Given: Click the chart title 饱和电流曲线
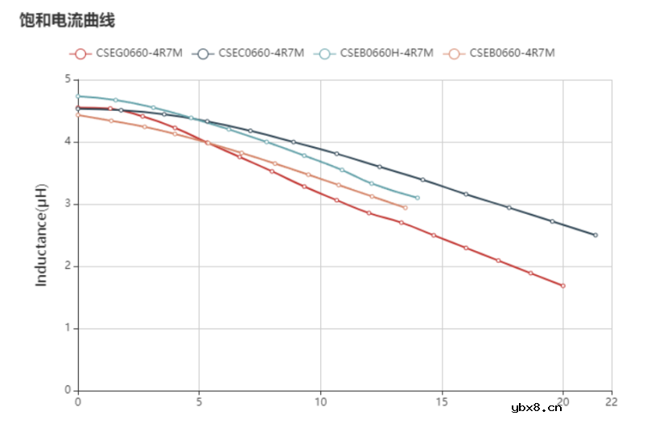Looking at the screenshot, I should pyautogui.click(x=68, y=21).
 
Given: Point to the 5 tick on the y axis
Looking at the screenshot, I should pyautogui.click(x=68, y=80).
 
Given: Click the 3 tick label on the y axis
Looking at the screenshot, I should pyautogui.click(x=68, y=204).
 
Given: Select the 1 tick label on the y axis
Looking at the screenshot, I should pyautogui.click(x=68, y=328).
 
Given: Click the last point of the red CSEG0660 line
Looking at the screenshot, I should pyautogui.click(x=563, y=286).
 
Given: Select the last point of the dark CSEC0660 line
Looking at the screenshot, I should pyautogui.click(x=595, y=235).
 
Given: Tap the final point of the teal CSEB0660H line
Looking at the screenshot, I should pyautogui.click(x=417, y=198).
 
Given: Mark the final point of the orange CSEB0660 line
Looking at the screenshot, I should pyautogui.click(x=405, y=208).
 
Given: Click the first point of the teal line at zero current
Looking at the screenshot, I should pyautogui.click(x=78, y=97).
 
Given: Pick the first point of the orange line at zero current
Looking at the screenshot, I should pyautogui.click(x=78, y=115).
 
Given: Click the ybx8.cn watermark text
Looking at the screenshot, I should pyautogui.click(x=536, y=408).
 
